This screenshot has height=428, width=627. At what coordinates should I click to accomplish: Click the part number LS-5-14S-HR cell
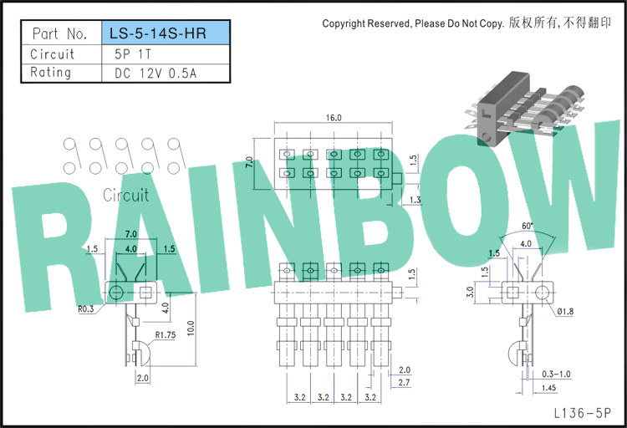(166, 33)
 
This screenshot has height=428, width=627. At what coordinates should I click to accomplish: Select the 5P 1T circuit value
(133, 54)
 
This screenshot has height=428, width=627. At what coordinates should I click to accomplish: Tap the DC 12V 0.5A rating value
(155, 74)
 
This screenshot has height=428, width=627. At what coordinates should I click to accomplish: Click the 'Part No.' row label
(59, 33)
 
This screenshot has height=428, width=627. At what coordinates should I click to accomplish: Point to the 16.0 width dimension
(334, 118)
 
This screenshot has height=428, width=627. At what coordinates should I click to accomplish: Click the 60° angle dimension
(528, 226)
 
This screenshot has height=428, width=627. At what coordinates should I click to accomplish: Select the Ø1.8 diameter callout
(565, 311)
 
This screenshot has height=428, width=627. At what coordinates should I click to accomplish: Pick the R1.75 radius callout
(166, 335)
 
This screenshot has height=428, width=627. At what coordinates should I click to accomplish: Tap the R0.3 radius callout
(86, 308)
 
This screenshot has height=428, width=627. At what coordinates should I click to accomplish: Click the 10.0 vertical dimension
(191, 328)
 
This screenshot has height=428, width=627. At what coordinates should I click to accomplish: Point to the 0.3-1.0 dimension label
(556, 374)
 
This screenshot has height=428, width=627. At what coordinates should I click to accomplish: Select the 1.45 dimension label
(548, 388)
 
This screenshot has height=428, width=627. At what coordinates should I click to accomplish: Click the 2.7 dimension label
(405, 382)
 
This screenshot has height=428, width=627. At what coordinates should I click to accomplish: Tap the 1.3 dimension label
(415, 200)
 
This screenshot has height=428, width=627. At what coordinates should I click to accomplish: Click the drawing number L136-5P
(583, 413)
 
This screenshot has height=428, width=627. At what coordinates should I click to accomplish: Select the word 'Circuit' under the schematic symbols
(126, 196)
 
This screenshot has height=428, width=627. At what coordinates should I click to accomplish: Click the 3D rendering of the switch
(525, 109)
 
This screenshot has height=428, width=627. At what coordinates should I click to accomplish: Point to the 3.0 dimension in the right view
(470, 292)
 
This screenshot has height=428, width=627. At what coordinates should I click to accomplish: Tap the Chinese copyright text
(560, 23)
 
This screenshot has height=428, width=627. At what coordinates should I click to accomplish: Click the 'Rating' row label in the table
(50, 73)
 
